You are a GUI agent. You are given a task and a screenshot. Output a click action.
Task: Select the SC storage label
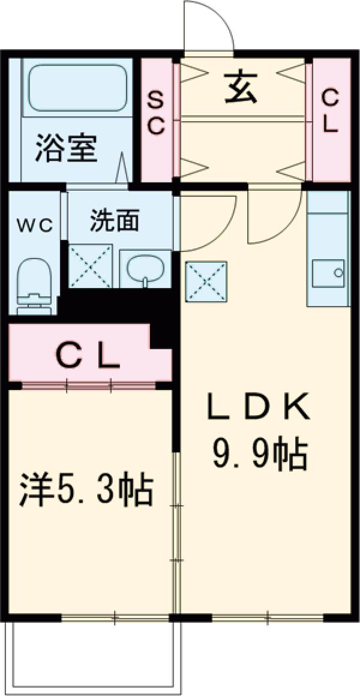pyautogui.click(x=156, y=112)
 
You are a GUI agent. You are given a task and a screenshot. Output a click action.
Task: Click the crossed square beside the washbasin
pyautogui.click(x=90, y=266)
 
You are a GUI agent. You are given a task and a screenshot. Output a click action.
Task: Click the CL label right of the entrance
pyautogui.click(x=331, y=112)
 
